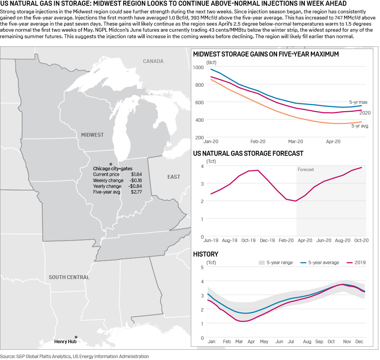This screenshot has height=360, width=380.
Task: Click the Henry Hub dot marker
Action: coord(76,337)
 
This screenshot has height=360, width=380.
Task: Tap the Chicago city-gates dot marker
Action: coord(111,163)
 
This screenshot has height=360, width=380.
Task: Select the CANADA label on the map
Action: coord(153,61)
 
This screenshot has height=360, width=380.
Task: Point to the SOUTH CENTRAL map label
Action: coord(69,277)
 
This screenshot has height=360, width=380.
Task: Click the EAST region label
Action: coord(174,177)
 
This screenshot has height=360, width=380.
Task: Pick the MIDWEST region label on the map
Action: coord(92,135)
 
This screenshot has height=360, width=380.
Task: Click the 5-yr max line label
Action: coord(358,102)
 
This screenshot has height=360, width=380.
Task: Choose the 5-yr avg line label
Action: coord(359,126)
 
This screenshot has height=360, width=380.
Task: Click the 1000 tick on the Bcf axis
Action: coord(199,67)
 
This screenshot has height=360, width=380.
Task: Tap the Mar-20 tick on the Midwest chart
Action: coord(295,142)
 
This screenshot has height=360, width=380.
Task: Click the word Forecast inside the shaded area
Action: coord(306,170)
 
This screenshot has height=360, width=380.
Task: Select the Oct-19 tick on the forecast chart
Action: coord(248,241)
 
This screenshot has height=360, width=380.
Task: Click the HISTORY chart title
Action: coord(206,254)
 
